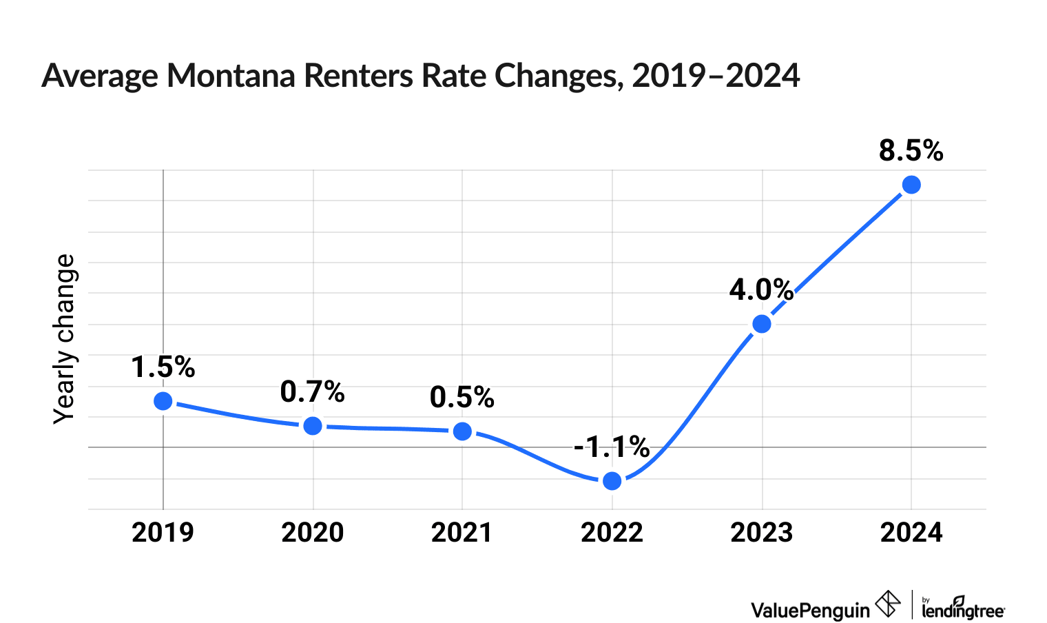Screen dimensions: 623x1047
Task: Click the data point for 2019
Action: click(163, 401)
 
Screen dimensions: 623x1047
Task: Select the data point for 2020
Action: click(313, 426)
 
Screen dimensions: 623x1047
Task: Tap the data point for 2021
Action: click(462, 431)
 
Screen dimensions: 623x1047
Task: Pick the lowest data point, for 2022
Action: click(612, 481)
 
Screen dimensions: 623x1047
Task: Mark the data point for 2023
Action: click(762, 324)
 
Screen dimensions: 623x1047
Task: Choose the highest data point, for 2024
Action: click(911, 185)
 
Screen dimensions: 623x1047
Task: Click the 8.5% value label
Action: click(911, 151)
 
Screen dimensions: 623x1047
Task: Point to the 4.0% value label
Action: click(761, 290)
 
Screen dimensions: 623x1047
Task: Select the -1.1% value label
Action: click(612, 448)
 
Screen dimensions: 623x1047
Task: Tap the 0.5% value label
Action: click(462, 398)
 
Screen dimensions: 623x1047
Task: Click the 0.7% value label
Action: click(313, 392)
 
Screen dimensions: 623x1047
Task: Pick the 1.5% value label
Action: click(163, 367)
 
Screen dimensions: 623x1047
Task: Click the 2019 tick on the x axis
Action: click(163, 533)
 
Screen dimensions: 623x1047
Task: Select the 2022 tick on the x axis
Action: click(612, 533)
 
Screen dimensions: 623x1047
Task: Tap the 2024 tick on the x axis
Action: click(911, 533)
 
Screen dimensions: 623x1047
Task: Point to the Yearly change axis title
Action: click(65, 339)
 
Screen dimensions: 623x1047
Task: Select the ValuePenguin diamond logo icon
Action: click(888, 604)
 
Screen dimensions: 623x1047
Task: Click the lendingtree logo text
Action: click(963, 609)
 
